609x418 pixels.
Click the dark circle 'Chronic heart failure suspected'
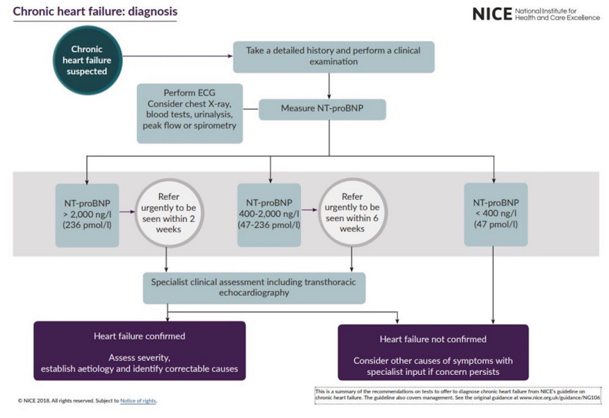pos(87,61)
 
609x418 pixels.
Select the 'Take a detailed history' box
pos(333,56)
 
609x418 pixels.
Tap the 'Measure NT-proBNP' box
pos(323,109)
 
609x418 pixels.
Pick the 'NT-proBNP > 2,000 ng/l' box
pos(87,214)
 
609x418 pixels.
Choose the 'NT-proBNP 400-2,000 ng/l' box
pos(270,214)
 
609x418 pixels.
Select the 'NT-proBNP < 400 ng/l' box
pos(495,214)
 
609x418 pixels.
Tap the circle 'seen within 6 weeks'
pos(351,214)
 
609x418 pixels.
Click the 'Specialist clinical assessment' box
pos(254,287)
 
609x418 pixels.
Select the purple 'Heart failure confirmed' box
pos(139,351)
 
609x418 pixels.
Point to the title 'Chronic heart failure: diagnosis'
pos(95,12)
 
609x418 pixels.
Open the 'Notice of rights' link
pos(138,401)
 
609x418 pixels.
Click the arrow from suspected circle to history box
pos(180,56)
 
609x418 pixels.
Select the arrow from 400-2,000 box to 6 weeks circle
pos(309,210)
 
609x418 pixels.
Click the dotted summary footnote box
pos(457,395)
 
